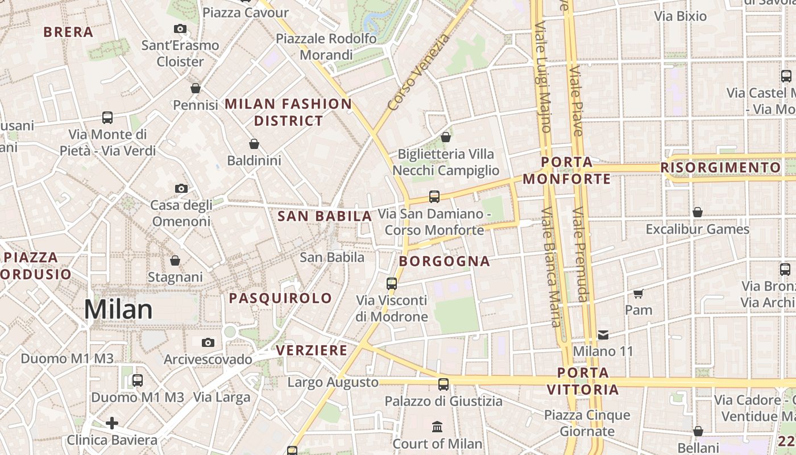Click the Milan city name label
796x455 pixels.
click(x=118, y=310)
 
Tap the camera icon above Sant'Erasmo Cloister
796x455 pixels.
click(x=180, y=28)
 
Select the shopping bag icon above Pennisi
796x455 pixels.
click(x=196, y=88)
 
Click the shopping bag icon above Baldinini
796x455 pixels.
click(x=254, y=144)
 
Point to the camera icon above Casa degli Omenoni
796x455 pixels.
click(x=181, y=188)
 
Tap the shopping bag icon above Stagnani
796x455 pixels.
click(x=175, y=260)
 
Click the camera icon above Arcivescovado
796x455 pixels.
click(x=208, y=342)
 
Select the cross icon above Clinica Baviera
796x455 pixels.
click(x=112, y=423)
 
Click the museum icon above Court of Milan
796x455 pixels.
click(x=437, y=427)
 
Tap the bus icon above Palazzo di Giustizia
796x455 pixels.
click(x=443, y=384)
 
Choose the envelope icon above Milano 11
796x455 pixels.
click(x=603, y=334)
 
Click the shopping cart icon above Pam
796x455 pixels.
click(x=638, y=293)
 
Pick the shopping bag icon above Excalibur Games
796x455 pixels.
click(x=698, y=212)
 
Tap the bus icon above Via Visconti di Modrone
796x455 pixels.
click(x=392, y=283)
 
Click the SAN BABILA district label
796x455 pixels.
click(x=325, y=216)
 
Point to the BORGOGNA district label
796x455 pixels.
click(x=445, y=262)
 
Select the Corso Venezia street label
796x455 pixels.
click(x=418, y=73)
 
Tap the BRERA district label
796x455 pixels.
click(x=68, y=32)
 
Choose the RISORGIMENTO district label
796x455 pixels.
click(x=720, y=168)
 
